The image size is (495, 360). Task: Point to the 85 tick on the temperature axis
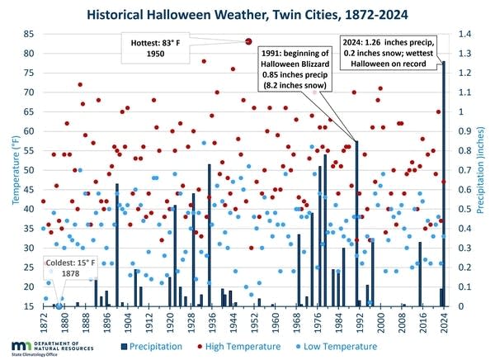point(29,34)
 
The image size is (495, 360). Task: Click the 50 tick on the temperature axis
point(29,170)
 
